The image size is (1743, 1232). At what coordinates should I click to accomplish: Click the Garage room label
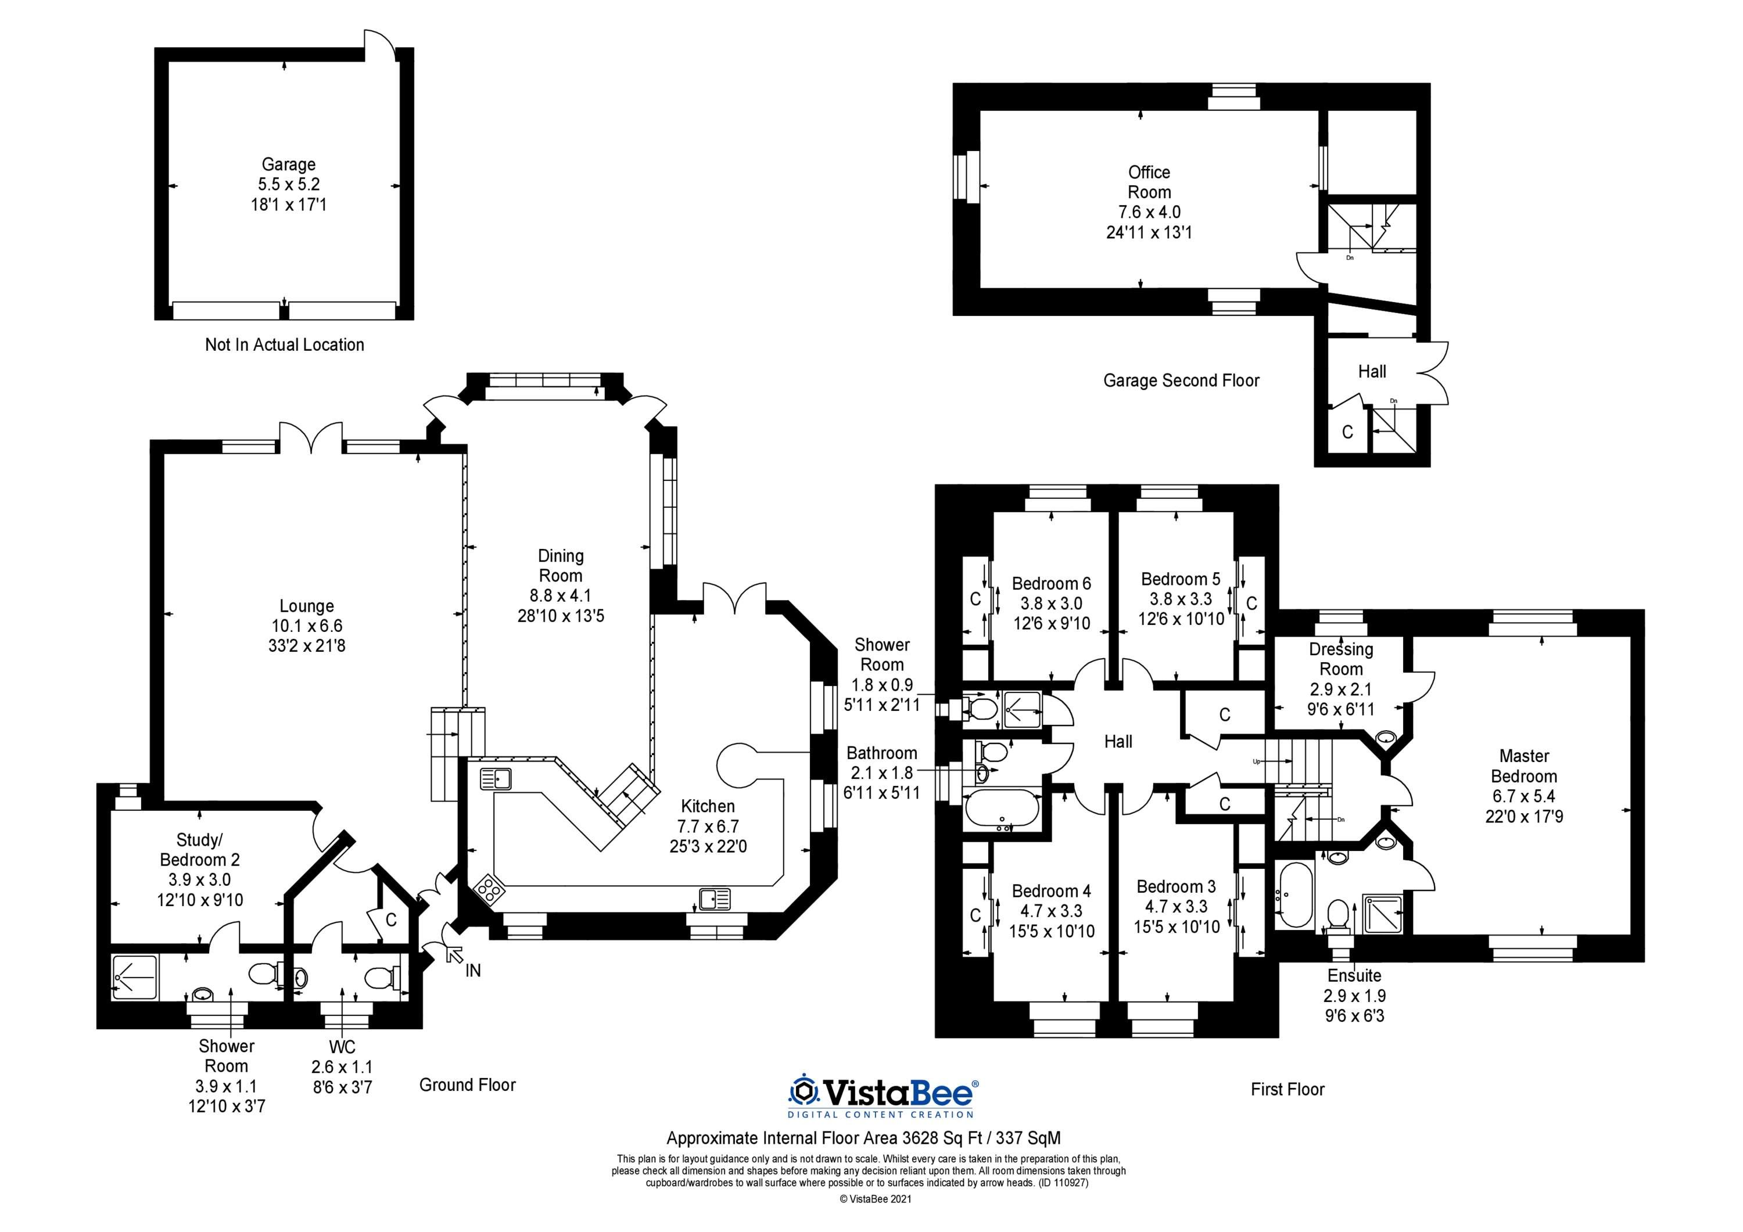(x=289, y=164)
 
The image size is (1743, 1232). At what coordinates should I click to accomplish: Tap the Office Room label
(x=1149, y=182)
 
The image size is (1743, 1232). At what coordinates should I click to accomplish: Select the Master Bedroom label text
(x=1523, y=766)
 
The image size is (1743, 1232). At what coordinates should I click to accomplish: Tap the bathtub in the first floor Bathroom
(x=1001, y=810)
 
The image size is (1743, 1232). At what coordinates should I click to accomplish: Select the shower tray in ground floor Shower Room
(x=135, y=975)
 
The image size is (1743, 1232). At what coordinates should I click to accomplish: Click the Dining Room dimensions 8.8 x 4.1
(x=560, y=596)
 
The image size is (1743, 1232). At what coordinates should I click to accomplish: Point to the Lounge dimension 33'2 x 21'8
(x=307, y=646)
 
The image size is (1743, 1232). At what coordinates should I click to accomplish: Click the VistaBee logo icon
(x=803, y=1093)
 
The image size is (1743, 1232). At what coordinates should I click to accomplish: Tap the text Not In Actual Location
(x=285, y=344)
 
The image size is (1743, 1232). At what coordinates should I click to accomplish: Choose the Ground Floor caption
(x=468, y=1084)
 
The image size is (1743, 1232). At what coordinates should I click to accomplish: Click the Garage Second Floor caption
(x=1181, y=380)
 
